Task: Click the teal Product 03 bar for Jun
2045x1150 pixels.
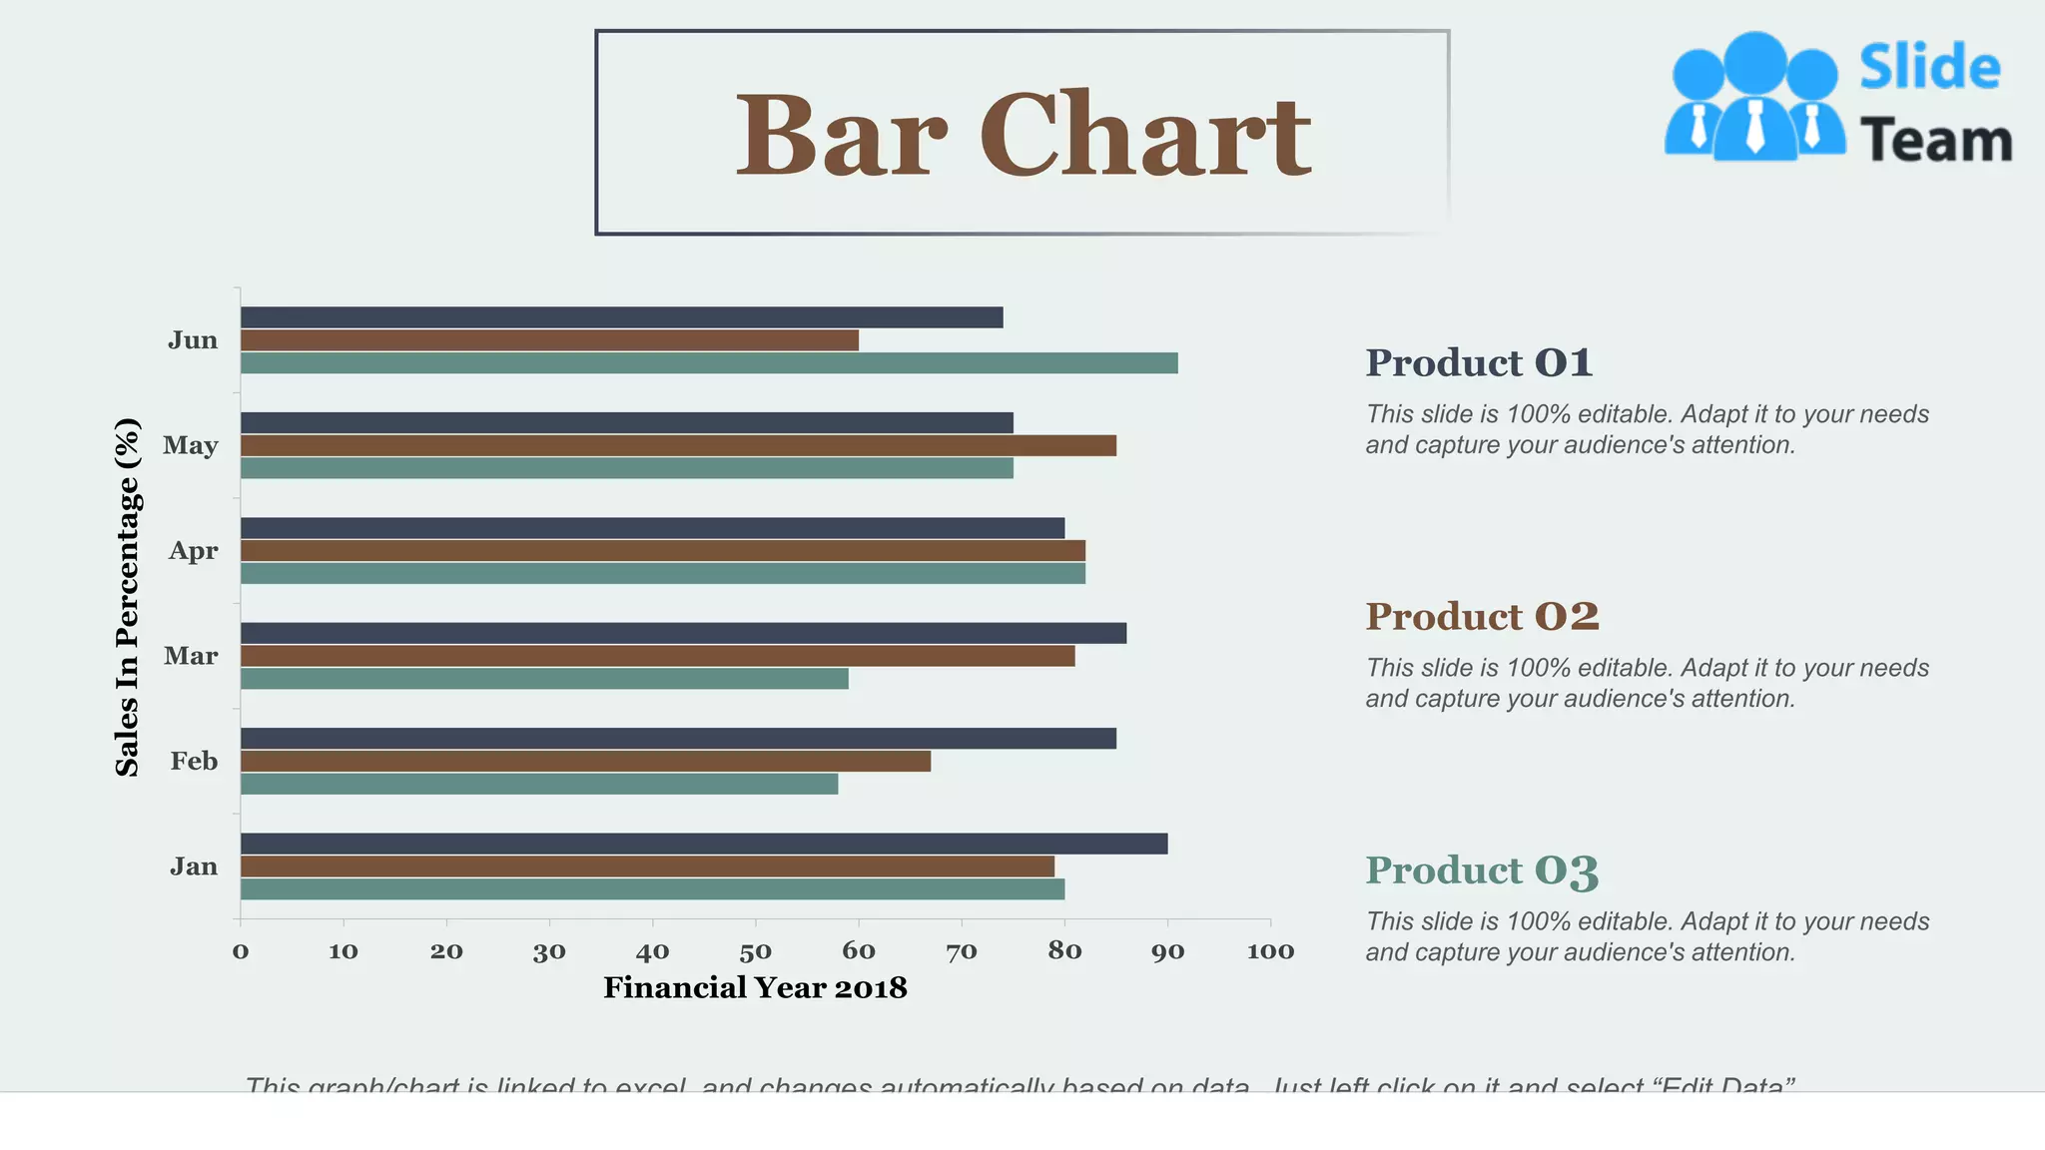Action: tap(709, 363)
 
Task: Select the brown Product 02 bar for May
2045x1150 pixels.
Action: tap(679, 445)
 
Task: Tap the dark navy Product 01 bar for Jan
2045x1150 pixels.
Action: tap(704, 844)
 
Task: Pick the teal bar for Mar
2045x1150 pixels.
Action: tap(544, 679)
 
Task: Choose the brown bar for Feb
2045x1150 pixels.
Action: tap(585, 762)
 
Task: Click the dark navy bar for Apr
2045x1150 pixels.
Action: tap(652, 528)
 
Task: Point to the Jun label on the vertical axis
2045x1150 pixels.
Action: tap(193, 340)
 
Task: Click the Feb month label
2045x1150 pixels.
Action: tap(194, 762)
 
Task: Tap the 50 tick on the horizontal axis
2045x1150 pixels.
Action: tap(755, 951)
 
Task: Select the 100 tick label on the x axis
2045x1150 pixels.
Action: tap(1270, 951)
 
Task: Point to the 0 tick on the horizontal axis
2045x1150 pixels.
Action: tap(241, 951)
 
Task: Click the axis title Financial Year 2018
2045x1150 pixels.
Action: tap(755, 988)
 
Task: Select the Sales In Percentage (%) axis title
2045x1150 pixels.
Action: tap(127, 597)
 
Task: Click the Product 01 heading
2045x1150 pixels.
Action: tap(1479, 363)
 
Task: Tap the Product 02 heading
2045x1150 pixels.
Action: tap(1482, 617)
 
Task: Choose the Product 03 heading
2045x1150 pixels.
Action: tap(1482, 870)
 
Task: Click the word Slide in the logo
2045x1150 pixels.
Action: tap(1929, 68)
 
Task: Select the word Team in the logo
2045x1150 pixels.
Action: tap(1935, 141)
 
